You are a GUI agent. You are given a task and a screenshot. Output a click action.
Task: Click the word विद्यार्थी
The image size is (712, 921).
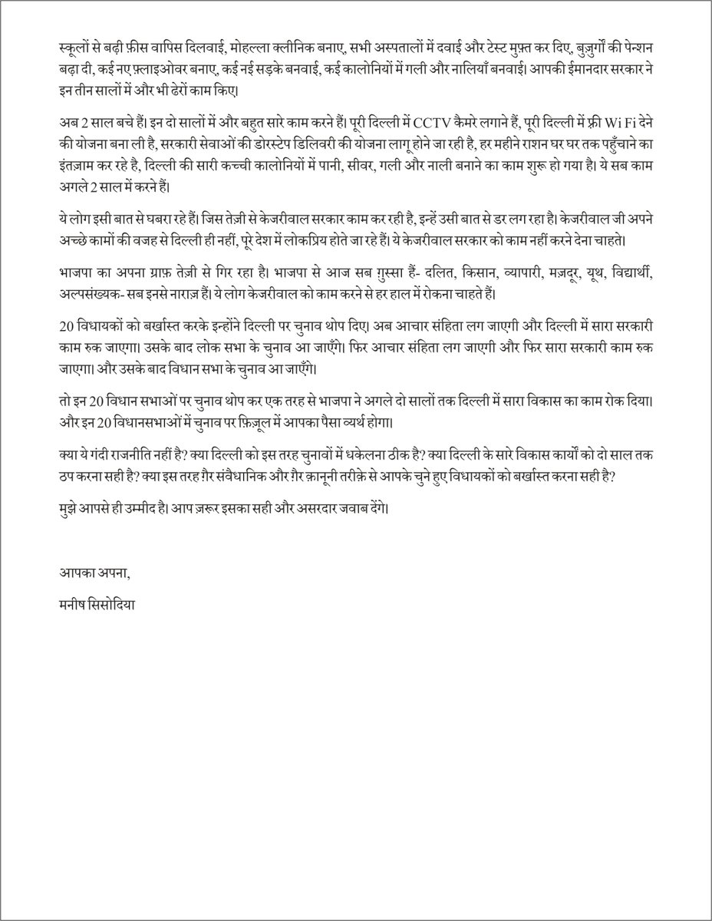pos(648,273)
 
